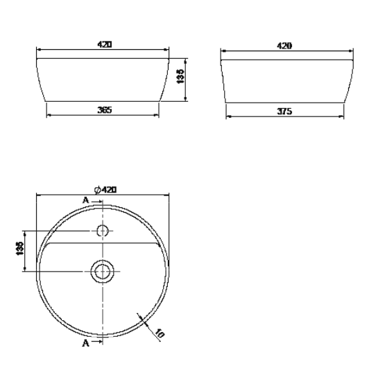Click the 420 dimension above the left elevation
[104, 44]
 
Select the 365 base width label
[104, 109]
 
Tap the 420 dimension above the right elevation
[284, 45]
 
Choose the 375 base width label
[284, 110]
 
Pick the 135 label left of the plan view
[19, 250]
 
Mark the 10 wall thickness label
[159, 334]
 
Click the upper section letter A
[86, 200]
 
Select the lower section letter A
[85, 342]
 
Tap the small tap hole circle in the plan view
[103, 231]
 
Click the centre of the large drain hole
[103, 271]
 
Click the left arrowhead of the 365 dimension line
[48, 115]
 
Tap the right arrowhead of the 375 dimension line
[341, 116]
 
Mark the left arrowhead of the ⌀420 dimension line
[39, 195]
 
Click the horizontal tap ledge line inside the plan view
[103, 243]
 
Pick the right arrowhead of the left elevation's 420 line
[167, 50]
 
